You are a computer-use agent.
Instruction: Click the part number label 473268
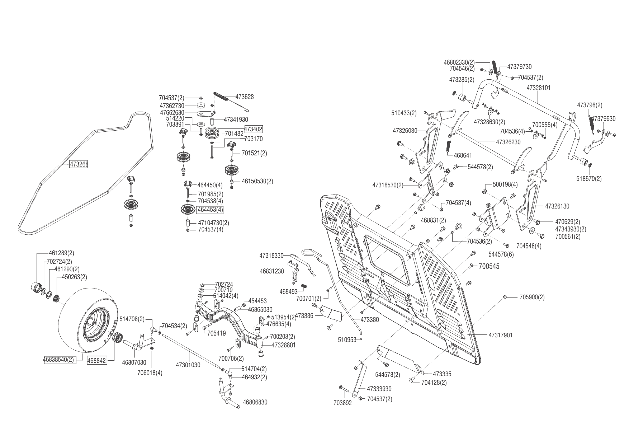tap(79, 164)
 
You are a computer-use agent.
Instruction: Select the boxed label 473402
tap(254, 129)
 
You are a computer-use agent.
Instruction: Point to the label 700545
tap(489, 267)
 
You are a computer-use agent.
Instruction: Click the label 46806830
tap(255, 402)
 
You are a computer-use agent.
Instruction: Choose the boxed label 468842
tap(97, 360)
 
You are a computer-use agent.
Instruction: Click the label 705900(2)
tap(532, 297)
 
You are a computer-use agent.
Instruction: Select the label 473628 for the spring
tap(245, 97)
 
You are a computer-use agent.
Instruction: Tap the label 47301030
tap(188, 365)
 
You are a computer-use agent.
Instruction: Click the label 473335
tap(442, 374)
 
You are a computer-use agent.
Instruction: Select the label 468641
tap(463, 155)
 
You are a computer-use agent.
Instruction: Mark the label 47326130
tap(557, 206)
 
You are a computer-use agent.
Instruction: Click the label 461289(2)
tap(61, 253)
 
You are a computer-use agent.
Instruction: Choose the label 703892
tap(342, 403)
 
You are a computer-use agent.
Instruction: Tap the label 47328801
tap(284, 345)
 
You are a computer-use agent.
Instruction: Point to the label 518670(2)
tap(589, 178)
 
